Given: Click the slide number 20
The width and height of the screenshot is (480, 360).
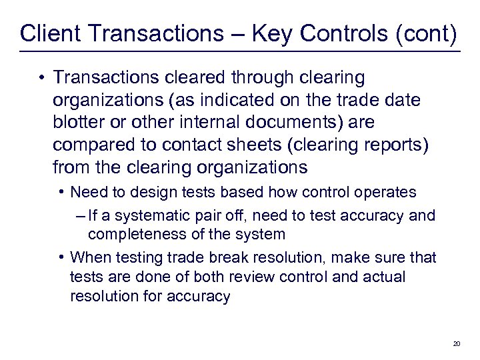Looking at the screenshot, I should click(457, 343).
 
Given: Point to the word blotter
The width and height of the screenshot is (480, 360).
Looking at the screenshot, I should click(81, 122).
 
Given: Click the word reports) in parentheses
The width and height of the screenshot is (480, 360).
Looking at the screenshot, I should click(397, 143).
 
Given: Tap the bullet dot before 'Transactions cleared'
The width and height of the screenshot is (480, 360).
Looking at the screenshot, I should click(41, 78).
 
